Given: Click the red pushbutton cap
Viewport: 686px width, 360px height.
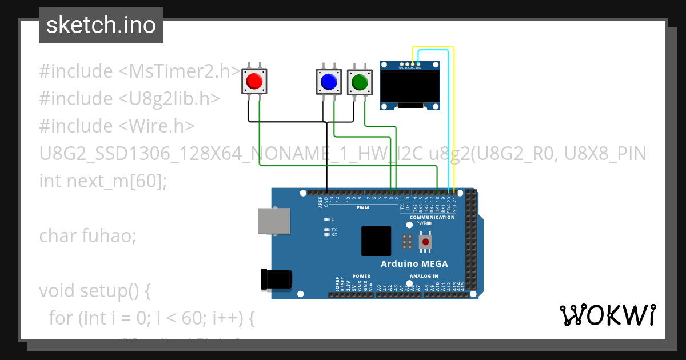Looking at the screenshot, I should (x=254, y=82).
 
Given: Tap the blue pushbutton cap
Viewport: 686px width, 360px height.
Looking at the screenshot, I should (x=329, y=82).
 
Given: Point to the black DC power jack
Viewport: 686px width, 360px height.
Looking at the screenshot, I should (x=276, y=279).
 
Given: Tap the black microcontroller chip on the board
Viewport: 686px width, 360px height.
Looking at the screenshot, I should (x=376, y=241).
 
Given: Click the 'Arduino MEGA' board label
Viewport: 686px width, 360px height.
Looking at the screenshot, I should (x=414, y=264).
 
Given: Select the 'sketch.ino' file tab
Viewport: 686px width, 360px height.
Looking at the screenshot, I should (x=101, y=25).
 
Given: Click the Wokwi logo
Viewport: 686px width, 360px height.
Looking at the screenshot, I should (x=607, y=315).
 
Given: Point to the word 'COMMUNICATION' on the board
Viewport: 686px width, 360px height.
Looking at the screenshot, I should (x=432, y=217).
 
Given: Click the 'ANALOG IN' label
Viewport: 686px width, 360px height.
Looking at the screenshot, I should (x=424, y=276).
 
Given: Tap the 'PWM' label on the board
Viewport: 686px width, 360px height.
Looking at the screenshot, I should (x=362, y=208).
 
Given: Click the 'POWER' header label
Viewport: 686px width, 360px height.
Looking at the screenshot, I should (x=361, y=276).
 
